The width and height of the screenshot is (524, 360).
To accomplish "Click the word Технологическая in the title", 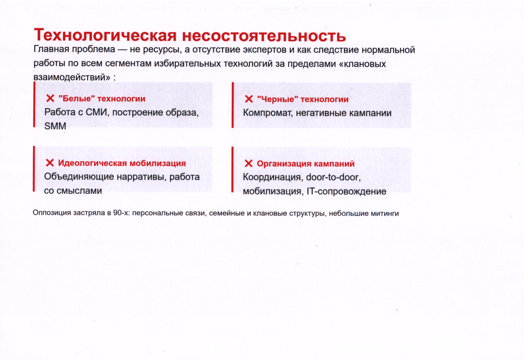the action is coord(105,35).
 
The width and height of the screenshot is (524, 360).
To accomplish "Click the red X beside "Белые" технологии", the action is coord(50,98).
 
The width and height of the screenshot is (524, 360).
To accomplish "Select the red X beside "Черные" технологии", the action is coord(249,99).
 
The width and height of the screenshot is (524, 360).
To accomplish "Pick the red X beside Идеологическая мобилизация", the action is coord(50,163).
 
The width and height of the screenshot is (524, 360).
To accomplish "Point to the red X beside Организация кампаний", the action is coord(248,163).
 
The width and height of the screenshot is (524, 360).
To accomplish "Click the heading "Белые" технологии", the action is coord(102,99).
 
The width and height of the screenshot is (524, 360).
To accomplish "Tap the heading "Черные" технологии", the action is coord(303,99).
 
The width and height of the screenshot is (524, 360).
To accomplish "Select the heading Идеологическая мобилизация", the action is coord(122,163).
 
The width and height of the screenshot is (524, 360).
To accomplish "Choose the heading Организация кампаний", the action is coord(305,164).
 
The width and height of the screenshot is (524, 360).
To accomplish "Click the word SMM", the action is coord(55,126).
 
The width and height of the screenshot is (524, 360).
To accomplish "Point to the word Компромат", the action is coord(268,113).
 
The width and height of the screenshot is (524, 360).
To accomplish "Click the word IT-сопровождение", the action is coord(347,191).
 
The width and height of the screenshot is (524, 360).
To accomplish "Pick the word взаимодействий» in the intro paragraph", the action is coord(72,77).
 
